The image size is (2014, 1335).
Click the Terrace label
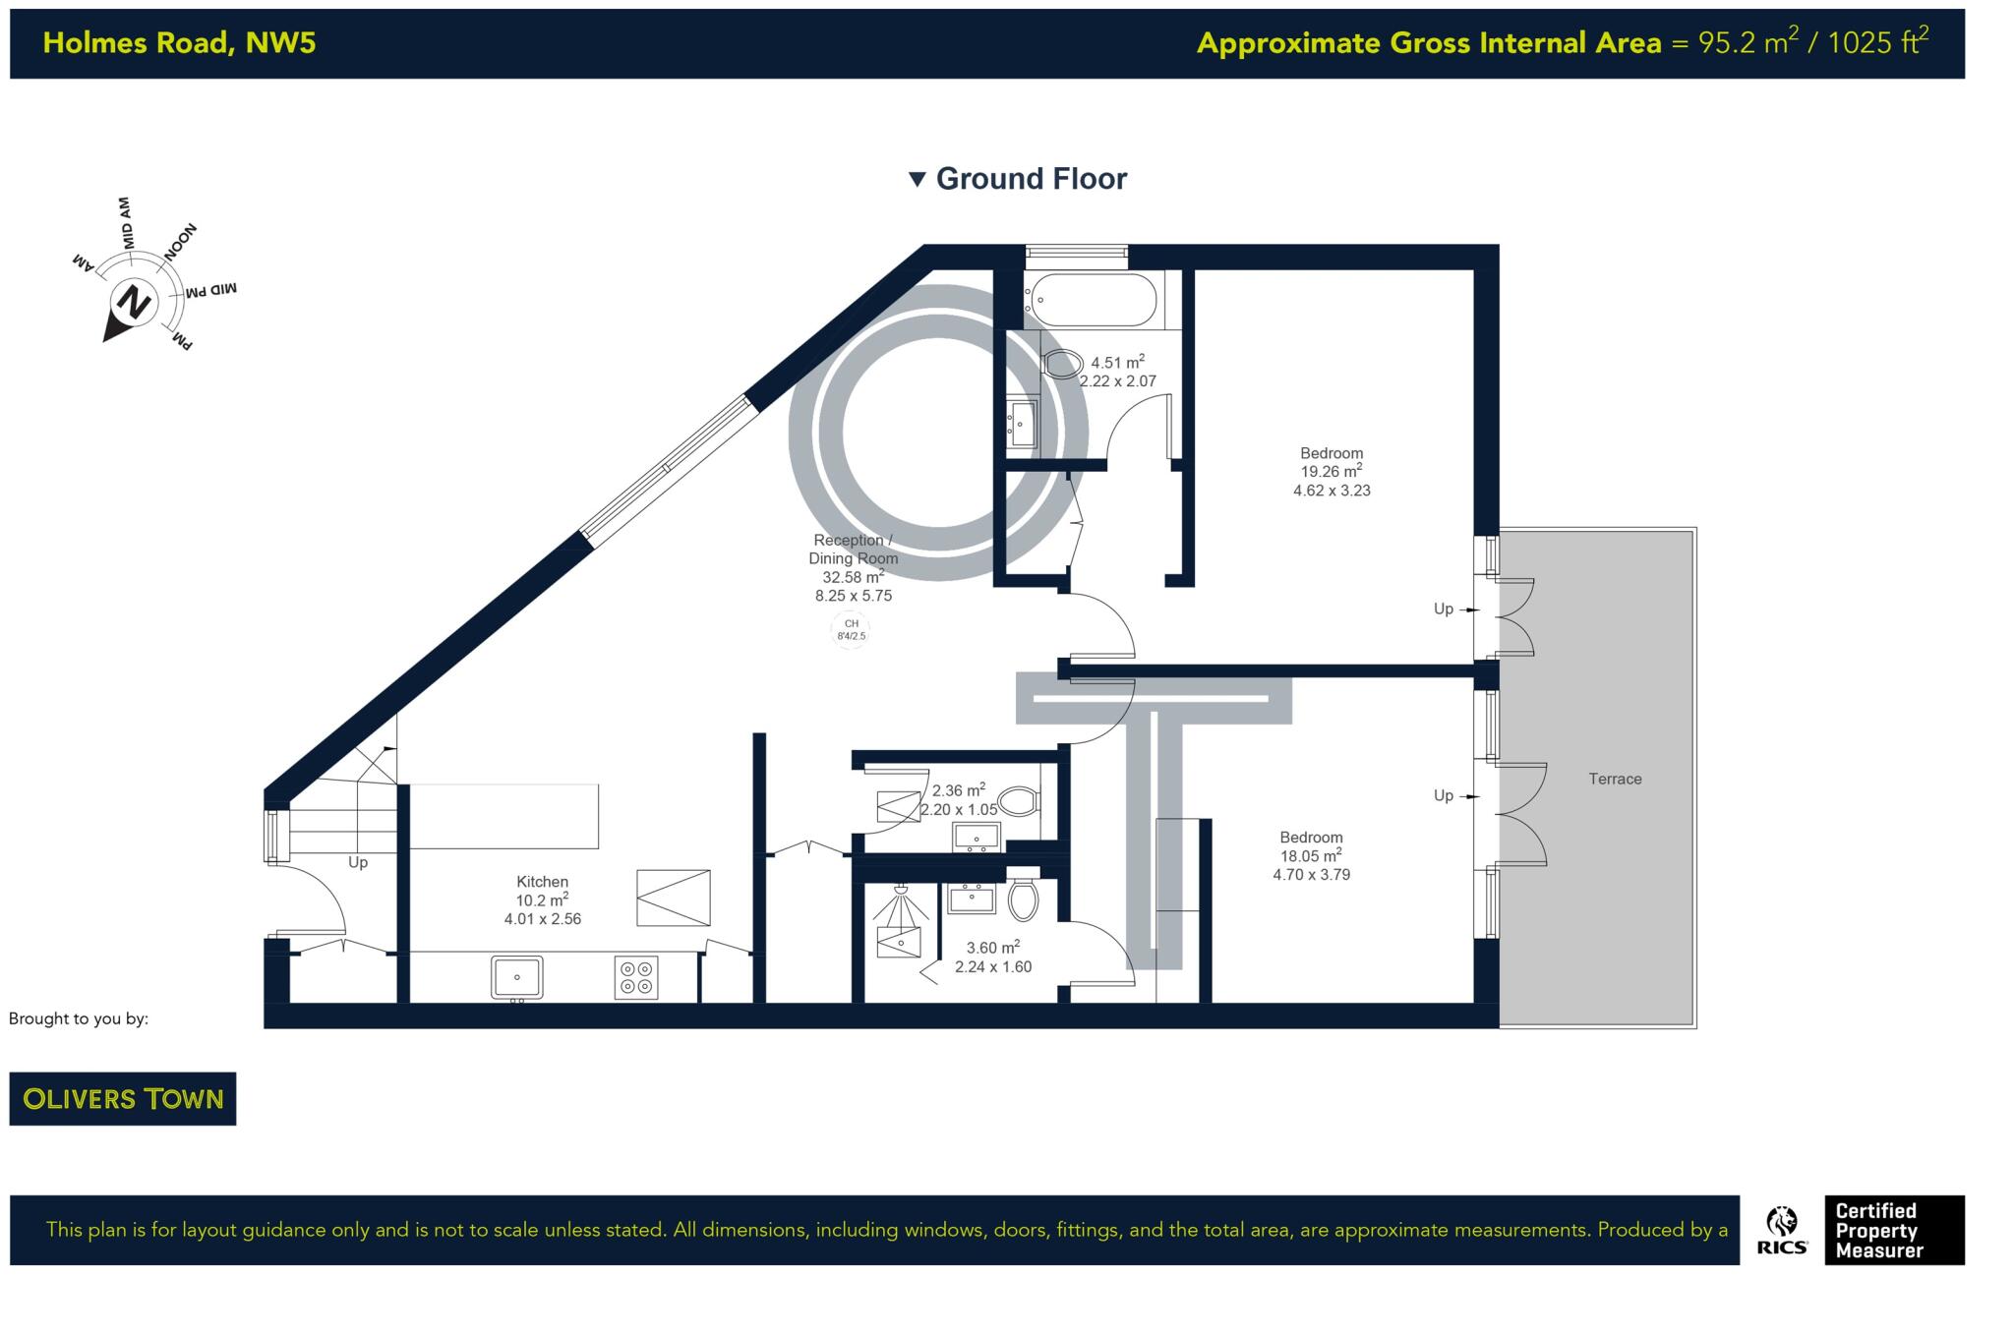(x=1615, y=779)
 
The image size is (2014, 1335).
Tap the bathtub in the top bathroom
(x=1093, y=299)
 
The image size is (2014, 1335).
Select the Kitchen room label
(x=542, y=882)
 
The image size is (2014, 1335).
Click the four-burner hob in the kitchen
(x=635, y=977)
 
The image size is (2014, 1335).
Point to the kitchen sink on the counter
(x=516, y=977)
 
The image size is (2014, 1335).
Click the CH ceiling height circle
(x=851, y=629)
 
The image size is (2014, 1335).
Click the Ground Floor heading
(x=1030, y=179)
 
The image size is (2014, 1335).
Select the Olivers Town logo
(x=123, y=1098)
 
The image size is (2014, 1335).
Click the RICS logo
(x=1781, y=1231)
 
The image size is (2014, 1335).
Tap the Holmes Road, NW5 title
(x=179, y=43)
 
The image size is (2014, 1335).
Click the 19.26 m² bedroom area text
(x=1331, y=472)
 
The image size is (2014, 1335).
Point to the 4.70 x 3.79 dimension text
(x=1311, y=874)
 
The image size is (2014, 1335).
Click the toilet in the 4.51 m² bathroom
(x=1061, y=365)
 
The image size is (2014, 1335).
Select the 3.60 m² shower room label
(x=992, y=949)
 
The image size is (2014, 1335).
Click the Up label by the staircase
(x=358, y=862)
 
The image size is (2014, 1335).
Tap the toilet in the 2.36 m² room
(x=1018, y=801)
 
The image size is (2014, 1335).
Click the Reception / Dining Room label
(x=853, y=549)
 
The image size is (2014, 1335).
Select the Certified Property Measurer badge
(x=1893, y=1230)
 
